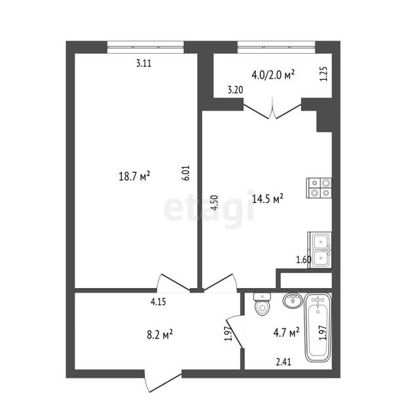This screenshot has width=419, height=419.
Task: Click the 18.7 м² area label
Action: click(x=134, y=176)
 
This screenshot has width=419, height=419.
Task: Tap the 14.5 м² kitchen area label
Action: click(x=268, y=199)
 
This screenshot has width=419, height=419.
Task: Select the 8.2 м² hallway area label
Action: click(x=160, y=335)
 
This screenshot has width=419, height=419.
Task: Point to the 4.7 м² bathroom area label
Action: click(x=286, y=333)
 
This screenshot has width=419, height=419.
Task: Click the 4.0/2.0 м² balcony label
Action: click(x=273, y=75)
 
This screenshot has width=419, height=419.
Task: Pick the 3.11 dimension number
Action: click(x=144, y=64)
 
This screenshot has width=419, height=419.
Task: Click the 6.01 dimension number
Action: click(x=186, y=173)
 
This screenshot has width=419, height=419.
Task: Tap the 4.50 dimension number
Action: click(x=214, y=204)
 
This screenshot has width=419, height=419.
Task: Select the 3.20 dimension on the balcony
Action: click(x=236, y=90)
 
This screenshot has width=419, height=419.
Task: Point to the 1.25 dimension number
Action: click(x=323, y=74)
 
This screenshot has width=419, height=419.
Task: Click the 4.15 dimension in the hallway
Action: click(x=158, y=302)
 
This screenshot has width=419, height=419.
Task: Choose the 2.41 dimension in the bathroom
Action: click(x=283, y=362)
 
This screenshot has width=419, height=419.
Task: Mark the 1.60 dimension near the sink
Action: click(x=304, y=259)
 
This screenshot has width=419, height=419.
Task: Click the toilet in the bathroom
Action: click(x=263, y=304)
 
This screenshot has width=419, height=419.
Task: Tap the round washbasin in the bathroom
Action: click(x=293, y=301)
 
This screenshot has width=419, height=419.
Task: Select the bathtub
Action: click(x=318, y=328)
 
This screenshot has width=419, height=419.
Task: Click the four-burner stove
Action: click(x=319, y=188)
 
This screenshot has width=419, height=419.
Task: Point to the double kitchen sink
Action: click(x=320, y=250)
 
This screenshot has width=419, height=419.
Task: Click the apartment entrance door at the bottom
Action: click(x=162, y=380)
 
